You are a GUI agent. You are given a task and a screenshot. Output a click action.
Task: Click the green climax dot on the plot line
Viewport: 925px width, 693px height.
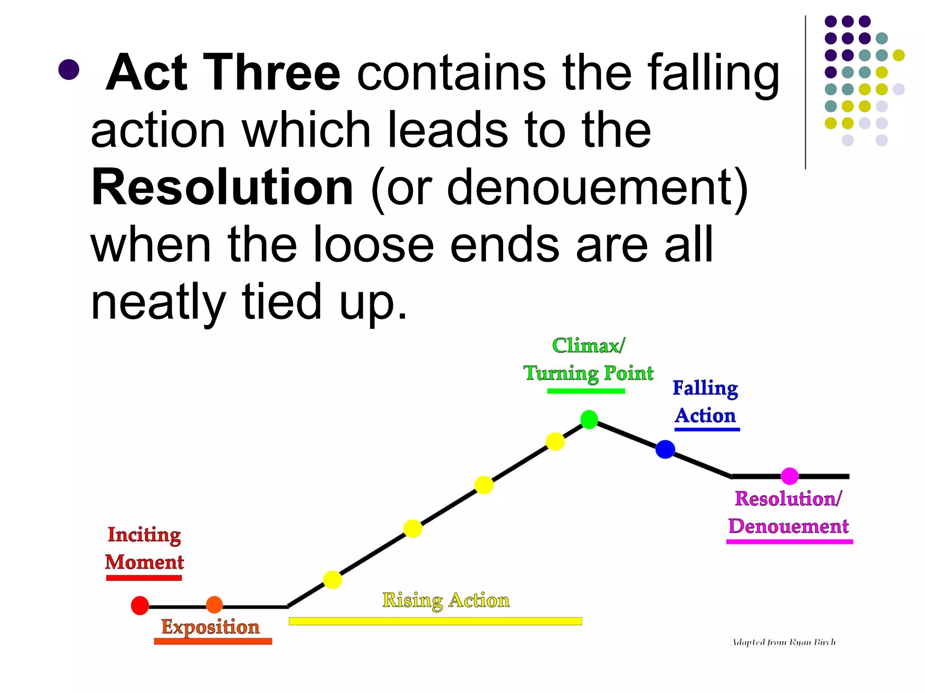589,420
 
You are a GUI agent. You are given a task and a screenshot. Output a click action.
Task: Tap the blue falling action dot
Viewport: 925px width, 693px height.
665,449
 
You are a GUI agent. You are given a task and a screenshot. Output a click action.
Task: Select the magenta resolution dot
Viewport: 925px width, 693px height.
790,476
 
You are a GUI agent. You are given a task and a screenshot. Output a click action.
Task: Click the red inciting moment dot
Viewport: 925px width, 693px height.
140,605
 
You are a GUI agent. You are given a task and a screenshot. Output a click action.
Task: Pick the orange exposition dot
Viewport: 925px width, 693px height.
214,605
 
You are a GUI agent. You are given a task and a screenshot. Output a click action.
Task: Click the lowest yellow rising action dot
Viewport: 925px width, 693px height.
332,580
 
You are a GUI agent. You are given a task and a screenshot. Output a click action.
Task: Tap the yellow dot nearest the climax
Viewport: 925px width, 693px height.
555,441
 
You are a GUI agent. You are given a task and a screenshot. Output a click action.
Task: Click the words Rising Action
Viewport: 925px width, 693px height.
446,601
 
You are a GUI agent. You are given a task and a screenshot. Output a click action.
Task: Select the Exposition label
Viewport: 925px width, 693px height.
210,627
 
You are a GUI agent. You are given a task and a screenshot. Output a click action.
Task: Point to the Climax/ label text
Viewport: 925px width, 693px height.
589,346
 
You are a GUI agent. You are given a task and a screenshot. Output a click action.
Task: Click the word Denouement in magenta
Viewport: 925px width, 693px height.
789,526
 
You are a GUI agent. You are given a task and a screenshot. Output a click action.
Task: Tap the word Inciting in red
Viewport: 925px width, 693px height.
144,535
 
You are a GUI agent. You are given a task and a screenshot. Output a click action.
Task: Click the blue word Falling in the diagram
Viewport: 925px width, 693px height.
705,388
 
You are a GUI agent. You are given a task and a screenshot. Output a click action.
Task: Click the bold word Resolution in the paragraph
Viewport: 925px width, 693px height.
222,187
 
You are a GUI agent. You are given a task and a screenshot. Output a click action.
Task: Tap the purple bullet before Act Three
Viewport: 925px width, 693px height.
69,69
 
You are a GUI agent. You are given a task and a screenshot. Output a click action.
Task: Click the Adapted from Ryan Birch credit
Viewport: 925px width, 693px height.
783,642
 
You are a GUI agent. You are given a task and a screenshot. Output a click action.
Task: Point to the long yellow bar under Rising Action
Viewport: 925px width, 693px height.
435,621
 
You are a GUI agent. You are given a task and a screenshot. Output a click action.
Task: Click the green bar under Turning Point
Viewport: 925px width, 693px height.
586,391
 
